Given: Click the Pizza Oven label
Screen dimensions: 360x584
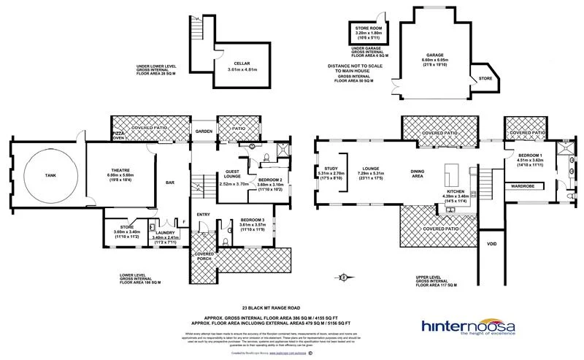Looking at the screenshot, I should tap(118, 134).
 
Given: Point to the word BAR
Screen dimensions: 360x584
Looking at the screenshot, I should tap(169, 183).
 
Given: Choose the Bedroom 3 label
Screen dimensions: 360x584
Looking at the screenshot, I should tap(240, 218).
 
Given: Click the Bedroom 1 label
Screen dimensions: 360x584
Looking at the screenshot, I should tap(530, 156).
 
